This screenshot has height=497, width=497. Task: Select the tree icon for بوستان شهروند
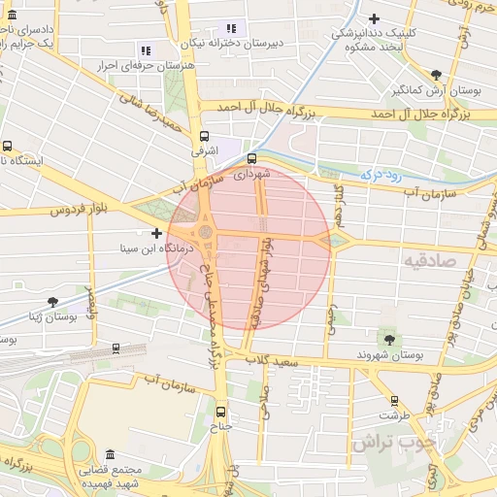(x=389, y=339)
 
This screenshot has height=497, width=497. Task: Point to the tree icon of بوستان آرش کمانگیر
(x=437, y=75)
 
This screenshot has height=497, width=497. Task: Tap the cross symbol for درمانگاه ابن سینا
(x=156, y=233)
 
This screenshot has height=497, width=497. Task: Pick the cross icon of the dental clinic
(x=374, y=18)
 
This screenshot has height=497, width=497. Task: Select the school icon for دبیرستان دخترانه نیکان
(x=230, y=29)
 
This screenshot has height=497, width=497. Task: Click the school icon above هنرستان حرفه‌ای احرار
(x=146, y=50)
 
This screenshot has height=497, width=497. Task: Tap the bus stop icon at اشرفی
(x=204, y=137)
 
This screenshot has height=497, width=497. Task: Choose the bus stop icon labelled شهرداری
(x=252, y=158)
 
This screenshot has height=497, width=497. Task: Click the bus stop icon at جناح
(x=220, y=411)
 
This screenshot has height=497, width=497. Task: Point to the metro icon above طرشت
(x=394, y=400)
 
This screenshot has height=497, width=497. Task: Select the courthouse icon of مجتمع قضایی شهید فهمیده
(x=109, y=454)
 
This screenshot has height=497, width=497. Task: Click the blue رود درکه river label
(x=381, y=175)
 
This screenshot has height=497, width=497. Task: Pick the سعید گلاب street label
(x=274, y=361)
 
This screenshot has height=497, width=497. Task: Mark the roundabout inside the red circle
(x=206, y=234)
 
